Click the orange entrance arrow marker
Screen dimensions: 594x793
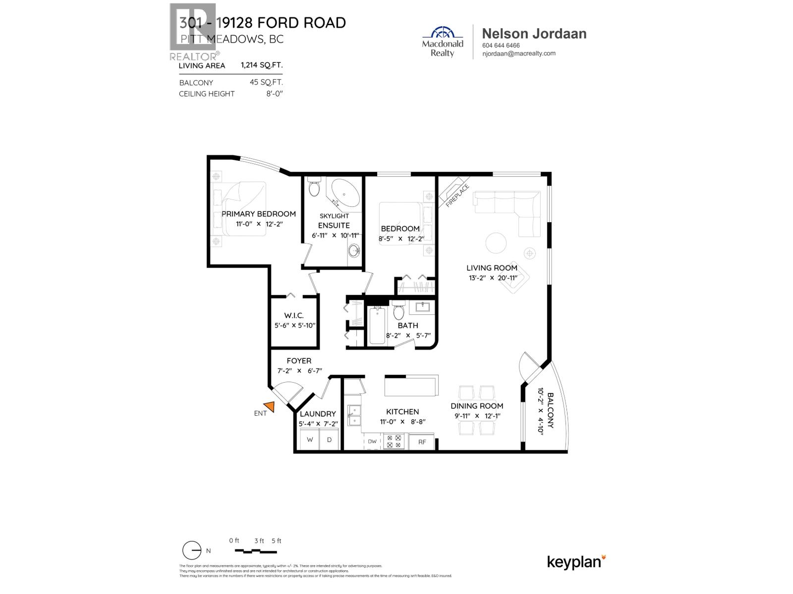point(270,407)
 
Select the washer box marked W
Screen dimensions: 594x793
point(310,440)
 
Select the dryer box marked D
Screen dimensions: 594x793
point(329,440)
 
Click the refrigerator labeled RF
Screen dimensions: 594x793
point(422,442)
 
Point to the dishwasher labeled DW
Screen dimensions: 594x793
point(372,442)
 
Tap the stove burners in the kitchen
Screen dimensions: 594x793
point(394,441)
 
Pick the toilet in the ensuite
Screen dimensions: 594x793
point(314,188)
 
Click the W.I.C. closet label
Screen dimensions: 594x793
point(294,315)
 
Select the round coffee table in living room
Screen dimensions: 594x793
point(496,243)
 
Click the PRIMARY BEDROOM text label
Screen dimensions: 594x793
point(258,214)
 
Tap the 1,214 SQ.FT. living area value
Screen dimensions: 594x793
point(262,65)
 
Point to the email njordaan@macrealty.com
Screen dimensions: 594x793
point(518,53)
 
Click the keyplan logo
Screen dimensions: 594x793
point(576,562)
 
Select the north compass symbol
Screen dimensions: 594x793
point(192,550)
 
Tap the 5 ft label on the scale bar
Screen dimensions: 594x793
point(277,541)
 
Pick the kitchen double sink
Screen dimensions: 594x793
point(354,415)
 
